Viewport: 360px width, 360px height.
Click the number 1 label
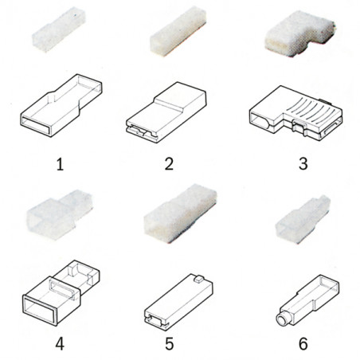[x=61, y=164]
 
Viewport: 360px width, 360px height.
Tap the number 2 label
[x=169, y=164]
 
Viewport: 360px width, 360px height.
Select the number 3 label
[x=303, y=164]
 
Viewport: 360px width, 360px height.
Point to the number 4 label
[x=60, y=344]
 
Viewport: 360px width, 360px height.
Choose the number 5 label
[x=170, y=344]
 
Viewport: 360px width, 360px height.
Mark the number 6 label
[x=303, y=344]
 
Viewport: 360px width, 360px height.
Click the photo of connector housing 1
[x=59, y=29]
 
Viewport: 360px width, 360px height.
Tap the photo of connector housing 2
[x=178, y=31]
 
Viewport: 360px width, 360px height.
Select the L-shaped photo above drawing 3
[x=300, y=36]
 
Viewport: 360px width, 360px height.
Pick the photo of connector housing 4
[x=59, y=214]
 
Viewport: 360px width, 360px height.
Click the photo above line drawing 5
[x=180, y=213]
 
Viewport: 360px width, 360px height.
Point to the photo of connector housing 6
[x=303, y=219]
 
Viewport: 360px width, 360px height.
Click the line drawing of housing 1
[x=61, y=105]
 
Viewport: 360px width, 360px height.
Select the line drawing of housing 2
[x=166, y=112]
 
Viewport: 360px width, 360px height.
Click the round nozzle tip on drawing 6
[x=281, y=319]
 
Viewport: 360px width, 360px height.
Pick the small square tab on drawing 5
[x=199, y=279]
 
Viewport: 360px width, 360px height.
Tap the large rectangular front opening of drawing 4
[x=40, y=309]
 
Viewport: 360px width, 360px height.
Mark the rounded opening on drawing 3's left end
[x=260, y=120]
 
